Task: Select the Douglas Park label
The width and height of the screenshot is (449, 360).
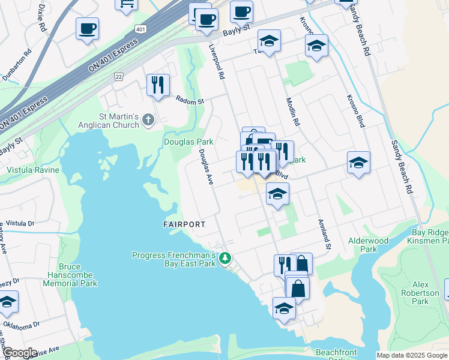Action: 188,142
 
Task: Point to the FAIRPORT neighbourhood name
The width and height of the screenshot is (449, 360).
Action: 184,224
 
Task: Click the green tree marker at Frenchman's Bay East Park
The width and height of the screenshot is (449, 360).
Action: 225,259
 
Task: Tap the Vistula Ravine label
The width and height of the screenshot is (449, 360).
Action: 33,170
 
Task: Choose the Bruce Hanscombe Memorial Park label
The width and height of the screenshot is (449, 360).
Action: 77,275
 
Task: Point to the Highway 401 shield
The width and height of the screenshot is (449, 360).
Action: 140,29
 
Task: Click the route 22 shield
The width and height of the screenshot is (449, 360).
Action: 119,76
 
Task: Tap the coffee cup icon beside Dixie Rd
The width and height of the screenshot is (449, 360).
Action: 87,28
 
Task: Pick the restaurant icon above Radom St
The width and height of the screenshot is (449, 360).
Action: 158,85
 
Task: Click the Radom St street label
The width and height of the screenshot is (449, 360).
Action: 189,100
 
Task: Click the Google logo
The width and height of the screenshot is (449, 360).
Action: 19,353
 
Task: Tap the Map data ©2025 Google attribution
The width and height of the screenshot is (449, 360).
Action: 412,355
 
